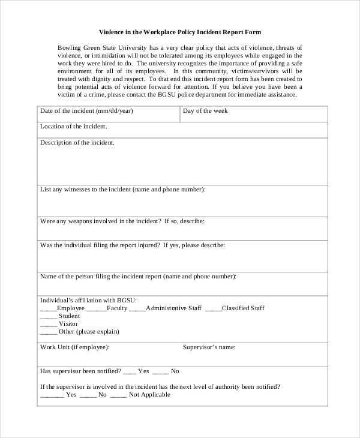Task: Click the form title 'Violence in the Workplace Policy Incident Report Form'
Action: (x=180, y=32)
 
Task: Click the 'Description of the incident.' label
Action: (x=77, y=143)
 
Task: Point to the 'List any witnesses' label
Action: (x=122, y=190)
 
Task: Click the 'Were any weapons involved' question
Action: (x=122, y=221)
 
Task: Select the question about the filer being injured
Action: (x=132, y=245)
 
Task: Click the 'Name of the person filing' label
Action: (x=138, y=277)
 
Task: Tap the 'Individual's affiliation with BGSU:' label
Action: (x=88, y=300)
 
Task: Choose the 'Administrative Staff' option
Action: (x=173, y=308)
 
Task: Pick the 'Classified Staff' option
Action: (x=243, y=308)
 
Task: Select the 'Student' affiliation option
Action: (x=69, y=316)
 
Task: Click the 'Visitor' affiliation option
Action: (x=68, y=324)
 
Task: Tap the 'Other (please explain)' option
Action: (x=89, y=332)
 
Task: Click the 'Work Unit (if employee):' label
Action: (x=74, y=347)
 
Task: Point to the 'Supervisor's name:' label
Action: (x=209, y=347)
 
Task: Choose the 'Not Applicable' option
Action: (x=149, y=395)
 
